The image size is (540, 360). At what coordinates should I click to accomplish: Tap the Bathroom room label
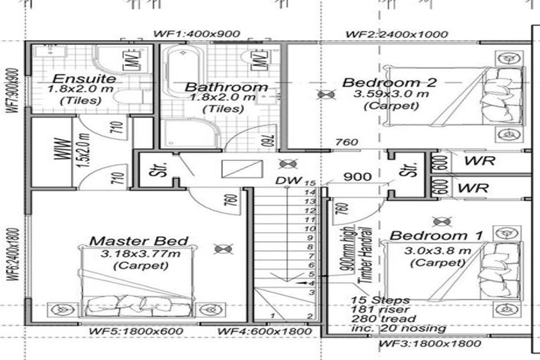(x=226, y=87)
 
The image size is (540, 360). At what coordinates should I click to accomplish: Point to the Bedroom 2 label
(x=389, y=82)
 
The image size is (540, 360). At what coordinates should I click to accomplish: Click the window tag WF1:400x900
(x=197, y=34)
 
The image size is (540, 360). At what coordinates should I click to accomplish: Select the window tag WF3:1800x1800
(x=430, y=344)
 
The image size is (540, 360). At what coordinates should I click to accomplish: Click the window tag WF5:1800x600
(x=136, y=331)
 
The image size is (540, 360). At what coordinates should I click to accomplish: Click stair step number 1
(x=272, y=316)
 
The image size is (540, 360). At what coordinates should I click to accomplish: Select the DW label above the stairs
(x=284, y=181)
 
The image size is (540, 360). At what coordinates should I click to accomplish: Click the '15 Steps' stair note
(x=375, y=300)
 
